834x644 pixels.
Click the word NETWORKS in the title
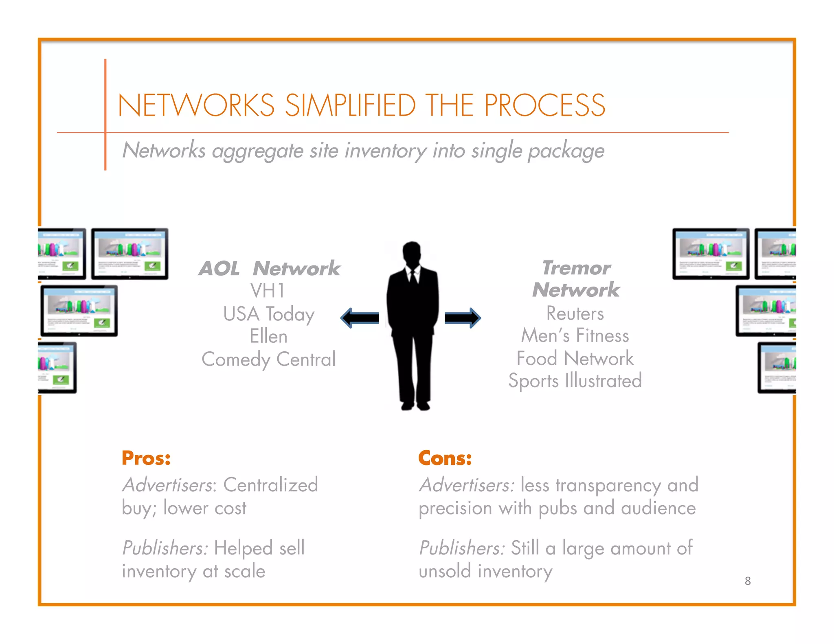[x=196, y=105]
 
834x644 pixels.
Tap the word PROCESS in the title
[x=544, y=105]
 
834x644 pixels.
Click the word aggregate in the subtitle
[x=257, y=151]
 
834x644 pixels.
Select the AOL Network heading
[x=269, y=268]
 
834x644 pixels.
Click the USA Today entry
[x=269, y=314]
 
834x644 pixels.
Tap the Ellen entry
[x=268, y=337]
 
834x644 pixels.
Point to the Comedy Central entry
[x=268, y=359]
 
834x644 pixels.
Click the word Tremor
[x=576, y=268]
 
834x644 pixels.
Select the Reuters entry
[x=575, y=313]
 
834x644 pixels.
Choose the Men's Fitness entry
[x=575, y=336]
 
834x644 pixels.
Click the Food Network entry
[x=575, y=359]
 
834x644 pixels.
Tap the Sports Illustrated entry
[x=575, y=381]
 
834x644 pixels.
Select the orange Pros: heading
[x=146, y=458]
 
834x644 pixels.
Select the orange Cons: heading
[x=445, y=458]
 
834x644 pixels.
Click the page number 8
[x=748, y=581]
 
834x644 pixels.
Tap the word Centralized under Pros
[x=270, y=485]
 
